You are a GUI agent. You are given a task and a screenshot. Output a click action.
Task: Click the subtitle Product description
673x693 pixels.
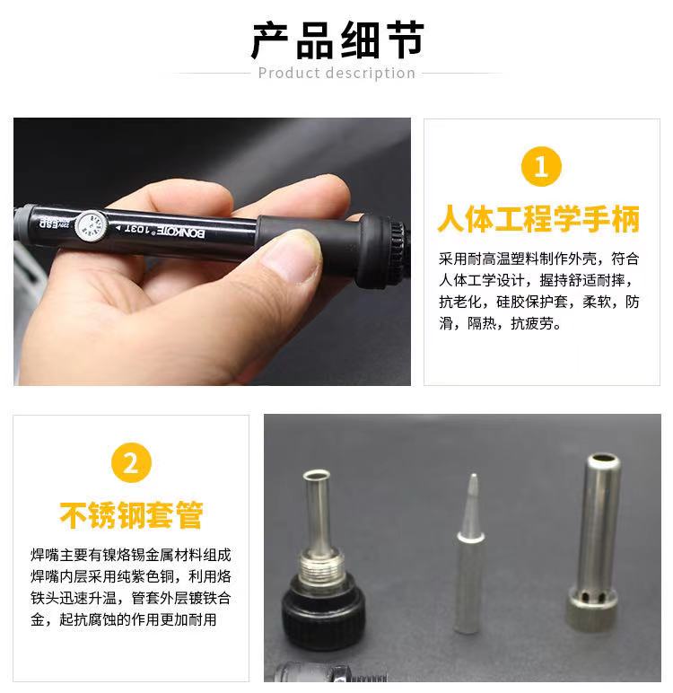point(336,73)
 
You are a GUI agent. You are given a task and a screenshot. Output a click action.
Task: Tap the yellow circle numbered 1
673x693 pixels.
point(540,167)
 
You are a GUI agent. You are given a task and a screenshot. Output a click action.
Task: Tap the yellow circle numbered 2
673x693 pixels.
point(131,464)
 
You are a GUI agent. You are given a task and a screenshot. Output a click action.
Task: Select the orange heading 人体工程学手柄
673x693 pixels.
point(539,218)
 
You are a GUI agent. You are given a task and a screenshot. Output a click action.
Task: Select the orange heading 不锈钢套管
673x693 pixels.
point(131,515)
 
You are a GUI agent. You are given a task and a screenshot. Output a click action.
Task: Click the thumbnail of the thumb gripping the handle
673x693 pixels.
point(293,252)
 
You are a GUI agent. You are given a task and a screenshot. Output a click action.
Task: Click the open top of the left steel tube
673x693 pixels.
point(317,477)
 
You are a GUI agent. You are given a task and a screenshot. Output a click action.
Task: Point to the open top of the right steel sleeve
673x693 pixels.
point(602,463)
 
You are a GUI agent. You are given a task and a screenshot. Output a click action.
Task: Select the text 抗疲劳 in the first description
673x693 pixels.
point(536,324)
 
